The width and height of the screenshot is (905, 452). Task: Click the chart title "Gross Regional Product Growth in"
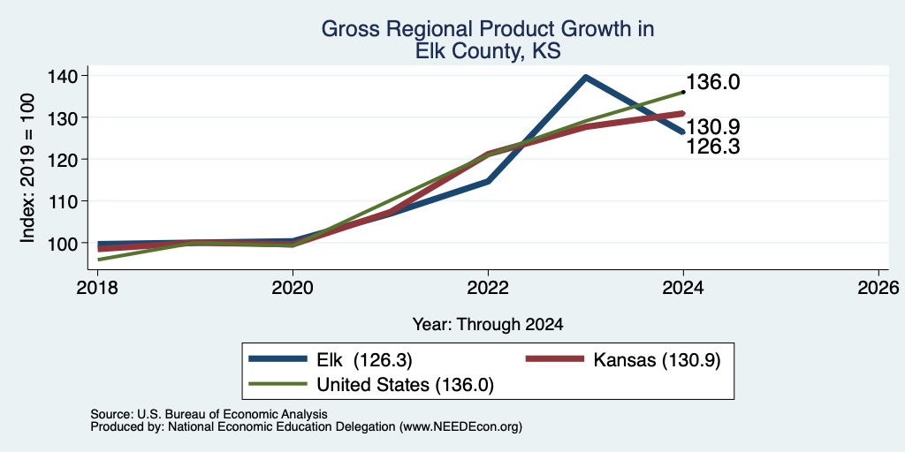tap(488, 29)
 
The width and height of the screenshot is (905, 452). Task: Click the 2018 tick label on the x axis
tap(97, 287)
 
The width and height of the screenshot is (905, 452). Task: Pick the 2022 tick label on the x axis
tap(488, 287)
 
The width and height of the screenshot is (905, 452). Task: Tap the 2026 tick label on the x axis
tap(878, 287)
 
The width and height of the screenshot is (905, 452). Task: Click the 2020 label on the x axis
tap(293, 287)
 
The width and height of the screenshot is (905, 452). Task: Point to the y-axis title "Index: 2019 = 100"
tap(27, 168)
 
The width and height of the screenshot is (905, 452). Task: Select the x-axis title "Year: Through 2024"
tap(488, 325)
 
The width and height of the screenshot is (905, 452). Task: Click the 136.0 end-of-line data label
tap(713, 82)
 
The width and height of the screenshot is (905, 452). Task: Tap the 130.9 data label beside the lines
tap(713, 127)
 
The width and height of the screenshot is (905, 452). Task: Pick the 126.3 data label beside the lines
tap(713, 147)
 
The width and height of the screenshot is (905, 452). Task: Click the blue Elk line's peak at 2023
tap(586, 77)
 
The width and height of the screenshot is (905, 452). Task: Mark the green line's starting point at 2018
tap(98, 260)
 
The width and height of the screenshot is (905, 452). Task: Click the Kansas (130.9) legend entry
tap(623, 360)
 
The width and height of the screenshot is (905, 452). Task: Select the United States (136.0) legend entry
tap(371, 385)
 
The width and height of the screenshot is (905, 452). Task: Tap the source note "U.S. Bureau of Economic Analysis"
tap(232, 414)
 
